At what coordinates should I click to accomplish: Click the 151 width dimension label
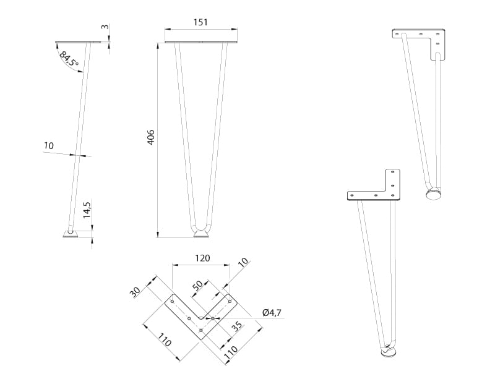(x=200, y=22)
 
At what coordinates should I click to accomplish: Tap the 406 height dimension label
(x=151, y=137)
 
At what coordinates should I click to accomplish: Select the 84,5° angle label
(x=69, y=59)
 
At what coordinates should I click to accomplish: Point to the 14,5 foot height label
(x=87, y=210)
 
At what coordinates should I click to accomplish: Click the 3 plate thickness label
(x=105, y=27)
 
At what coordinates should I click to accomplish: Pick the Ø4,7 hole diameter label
(x=272, y=313)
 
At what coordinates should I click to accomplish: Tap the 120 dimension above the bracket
(x=202, y=258)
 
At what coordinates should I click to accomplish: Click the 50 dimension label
(x=197, y=286)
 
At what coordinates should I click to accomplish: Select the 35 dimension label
(x=237, y=326)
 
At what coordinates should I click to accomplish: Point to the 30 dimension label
(x=135, y=292)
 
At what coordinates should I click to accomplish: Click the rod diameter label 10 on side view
(x=49, y=146)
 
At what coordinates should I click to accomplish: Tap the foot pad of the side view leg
(x=71, y=234)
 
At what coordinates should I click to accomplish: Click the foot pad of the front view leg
(x=201, y=234)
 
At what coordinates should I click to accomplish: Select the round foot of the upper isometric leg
(x=434, y=194)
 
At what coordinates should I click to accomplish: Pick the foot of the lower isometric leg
(x=389, y=352)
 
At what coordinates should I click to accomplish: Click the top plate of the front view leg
(x=200, y=42)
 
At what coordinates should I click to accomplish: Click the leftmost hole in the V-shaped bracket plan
(x=172, y=302)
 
